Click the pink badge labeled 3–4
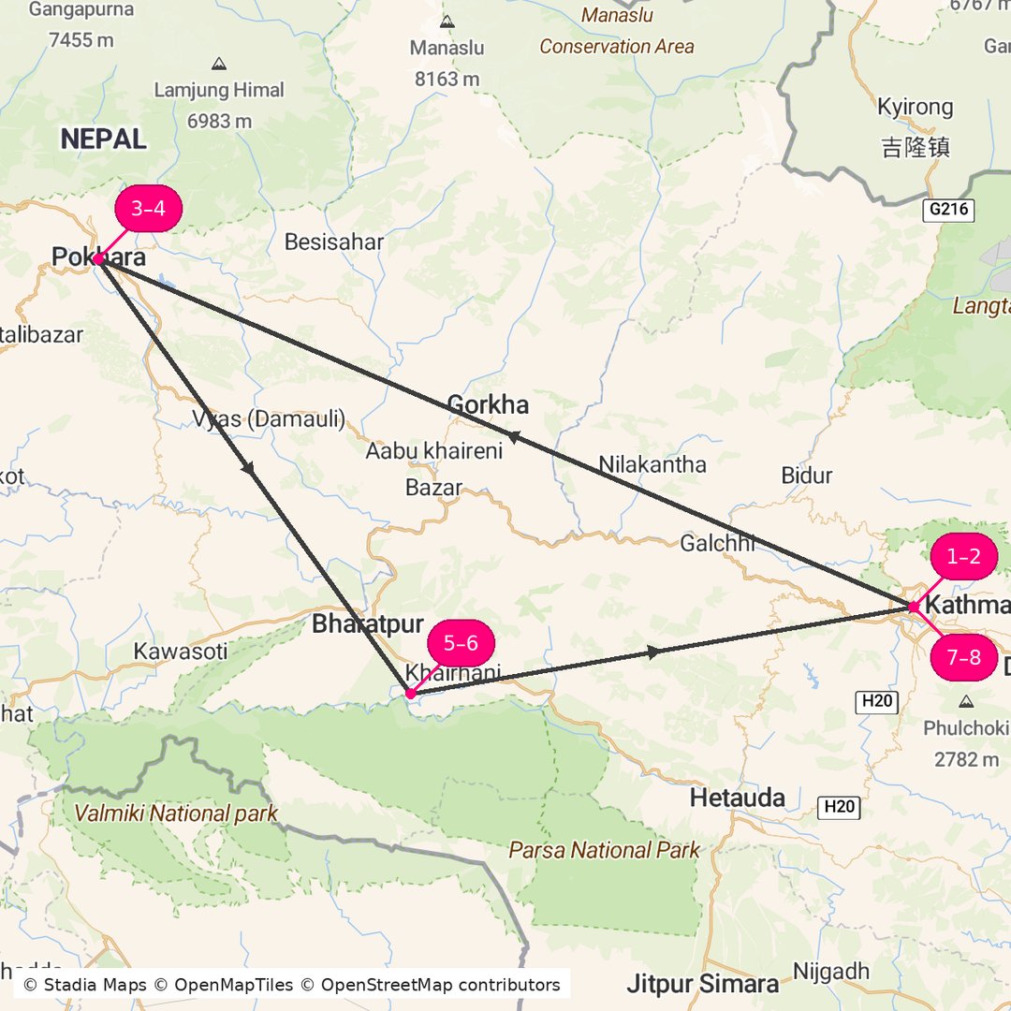148,209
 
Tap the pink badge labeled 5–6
461,643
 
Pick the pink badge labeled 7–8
963,657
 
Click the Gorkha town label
488,405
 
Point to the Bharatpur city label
368,624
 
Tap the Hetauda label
738,799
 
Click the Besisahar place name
334,242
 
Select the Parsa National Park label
604,850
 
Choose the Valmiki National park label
176,813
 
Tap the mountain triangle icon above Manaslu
447,21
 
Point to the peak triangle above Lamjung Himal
219,64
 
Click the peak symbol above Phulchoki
965,700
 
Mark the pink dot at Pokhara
98,259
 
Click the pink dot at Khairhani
410,694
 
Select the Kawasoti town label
180,652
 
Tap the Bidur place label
806,476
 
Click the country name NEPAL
104,139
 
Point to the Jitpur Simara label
702,984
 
